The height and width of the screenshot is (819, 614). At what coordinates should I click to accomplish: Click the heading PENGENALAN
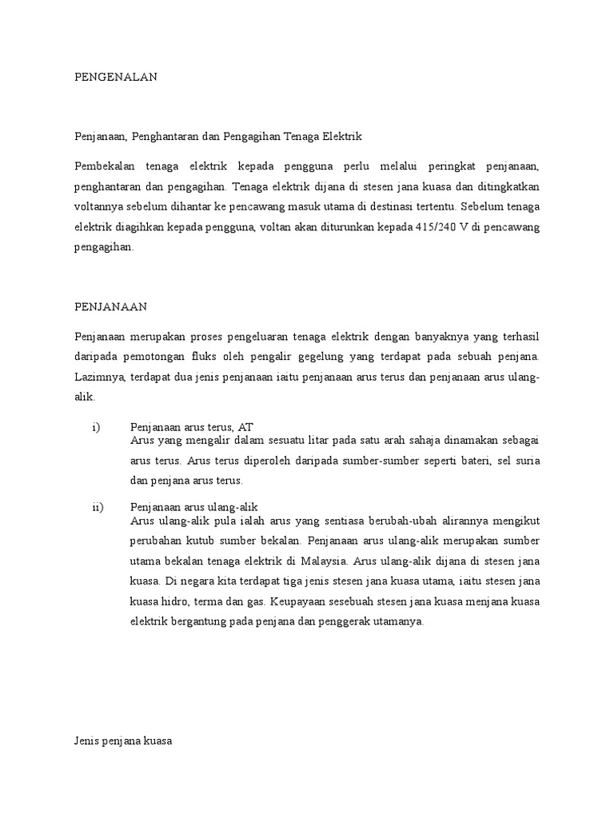[116, 77]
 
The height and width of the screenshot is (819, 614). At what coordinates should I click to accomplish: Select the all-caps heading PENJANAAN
[111, 306]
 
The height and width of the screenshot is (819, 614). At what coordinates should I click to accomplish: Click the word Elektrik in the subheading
[342, 137]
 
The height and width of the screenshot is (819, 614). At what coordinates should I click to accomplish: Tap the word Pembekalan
[104, 166]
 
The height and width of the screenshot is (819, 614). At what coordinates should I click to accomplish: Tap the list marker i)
[96, 427]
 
